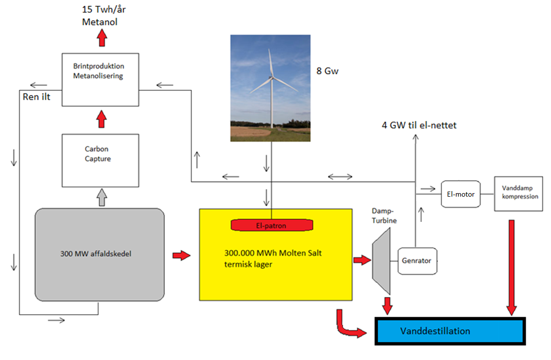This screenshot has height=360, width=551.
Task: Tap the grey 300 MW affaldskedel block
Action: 100,255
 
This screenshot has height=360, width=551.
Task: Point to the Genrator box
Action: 417,261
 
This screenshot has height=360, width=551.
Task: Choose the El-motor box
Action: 461,194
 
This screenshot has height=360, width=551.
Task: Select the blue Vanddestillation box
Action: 450,331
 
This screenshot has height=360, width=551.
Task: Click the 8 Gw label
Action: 328,71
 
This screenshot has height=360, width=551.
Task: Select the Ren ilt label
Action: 36,96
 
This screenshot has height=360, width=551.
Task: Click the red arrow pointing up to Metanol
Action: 102,38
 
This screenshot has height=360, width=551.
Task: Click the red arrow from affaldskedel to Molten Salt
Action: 181,256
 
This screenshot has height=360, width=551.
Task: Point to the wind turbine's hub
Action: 272,77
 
